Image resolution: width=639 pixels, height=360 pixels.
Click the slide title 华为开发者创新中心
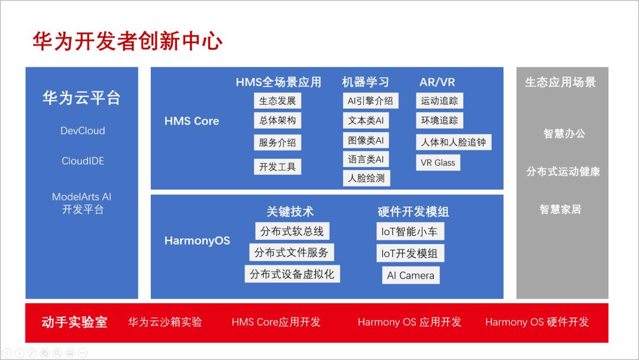[x=127, y=41]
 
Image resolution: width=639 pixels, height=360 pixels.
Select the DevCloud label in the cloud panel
[x=83, y=131]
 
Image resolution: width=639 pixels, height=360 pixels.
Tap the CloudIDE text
[x=83, y=161]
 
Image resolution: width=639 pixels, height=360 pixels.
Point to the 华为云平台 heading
[x=82, y=98]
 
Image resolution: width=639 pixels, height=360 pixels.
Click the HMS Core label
[x=192, y=121]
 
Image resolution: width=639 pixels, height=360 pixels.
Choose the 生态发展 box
[x=277, y=101]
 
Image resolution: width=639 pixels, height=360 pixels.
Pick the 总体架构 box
[x=277, y=120]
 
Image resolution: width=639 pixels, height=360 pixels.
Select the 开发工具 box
[x=277, y=167]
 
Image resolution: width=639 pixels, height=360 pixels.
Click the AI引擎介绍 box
[x=370, y=101]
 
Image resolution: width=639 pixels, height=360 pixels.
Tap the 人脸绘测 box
[x=366, y=178]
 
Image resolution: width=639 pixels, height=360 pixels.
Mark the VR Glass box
[x=438, y=163]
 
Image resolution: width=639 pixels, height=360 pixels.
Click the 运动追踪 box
[x=439, y=101]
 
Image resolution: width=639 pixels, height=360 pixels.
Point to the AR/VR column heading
[x=437, y=82]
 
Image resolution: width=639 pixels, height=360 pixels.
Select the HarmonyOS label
[x=197, y=241]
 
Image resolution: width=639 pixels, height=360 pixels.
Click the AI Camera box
[x=411, y=275]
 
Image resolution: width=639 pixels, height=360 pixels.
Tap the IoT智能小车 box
[x=409, y=232]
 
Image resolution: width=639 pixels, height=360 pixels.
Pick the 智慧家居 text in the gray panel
[x=560, y=210]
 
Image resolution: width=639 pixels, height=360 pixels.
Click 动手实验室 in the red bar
[x=75, y=322]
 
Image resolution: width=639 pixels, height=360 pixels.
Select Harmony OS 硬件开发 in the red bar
[x=537, y=322]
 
